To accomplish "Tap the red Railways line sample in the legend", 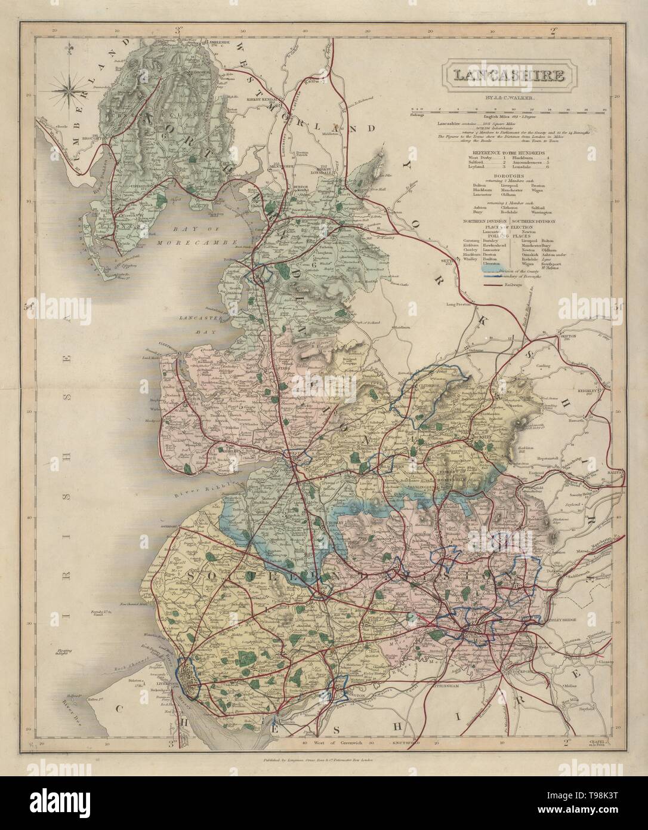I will point(491,287).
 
